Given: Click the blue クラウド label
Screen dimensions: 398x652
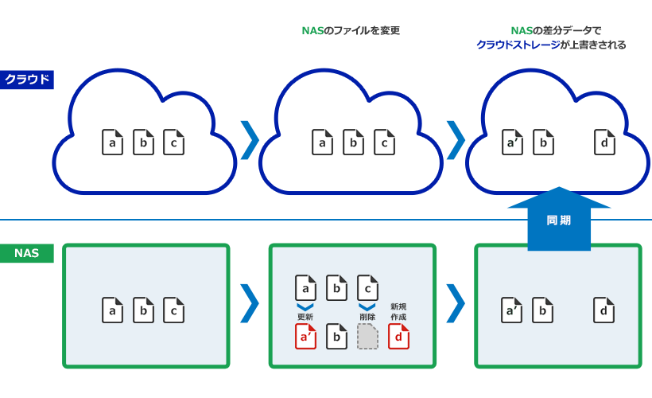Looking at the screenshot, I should [27, 79].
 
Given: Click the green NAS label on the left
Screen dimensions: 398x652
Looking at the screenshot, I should [27, 253].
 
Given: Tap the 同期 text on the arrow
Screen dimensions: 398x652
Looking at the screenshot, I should [558, 220].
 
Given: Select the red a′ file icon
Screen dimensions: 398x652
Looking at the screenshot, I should [305, 337].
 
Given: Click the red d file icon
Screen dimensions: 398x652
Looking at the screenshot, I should [398, 337].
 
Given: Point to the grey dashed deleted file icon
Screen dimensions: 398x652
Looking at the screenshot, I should [367, 337].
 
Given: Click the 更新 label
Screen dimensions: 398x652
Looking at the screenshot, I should [305, 317].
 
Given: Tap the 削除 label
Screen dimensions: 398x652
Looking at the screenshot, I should [367, 317].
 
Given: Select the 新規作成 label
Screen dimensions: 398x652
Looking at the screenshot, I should [398, 311].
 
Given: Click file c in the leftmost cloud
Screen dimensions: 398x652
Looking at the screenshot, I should [173, 142].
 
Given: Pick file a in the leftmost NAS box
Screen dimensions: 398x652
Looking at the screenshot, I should [112, 310].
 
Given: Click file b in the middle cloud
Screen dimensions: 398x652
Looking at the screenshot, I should [353, 142].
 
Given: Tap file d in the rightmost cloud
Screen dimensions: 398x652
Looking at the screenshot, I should [604, 142].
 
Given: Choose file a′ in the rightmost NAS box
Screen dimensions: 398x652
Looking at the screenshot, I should [512, 310].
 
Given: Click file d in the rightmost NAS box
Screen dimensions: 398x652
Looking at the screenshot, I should [604, 310].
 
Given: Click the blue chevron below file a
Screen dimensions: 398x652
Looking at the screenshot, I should [305, 306].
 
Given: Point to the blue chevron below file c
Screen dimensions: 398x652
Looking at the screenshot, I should [367, 306].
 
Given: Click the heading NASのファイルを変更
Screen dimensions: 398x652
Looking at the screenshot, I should [351, 31].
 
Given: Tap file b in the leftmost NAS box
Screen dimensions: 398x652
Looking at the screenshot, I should [143, 310].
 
